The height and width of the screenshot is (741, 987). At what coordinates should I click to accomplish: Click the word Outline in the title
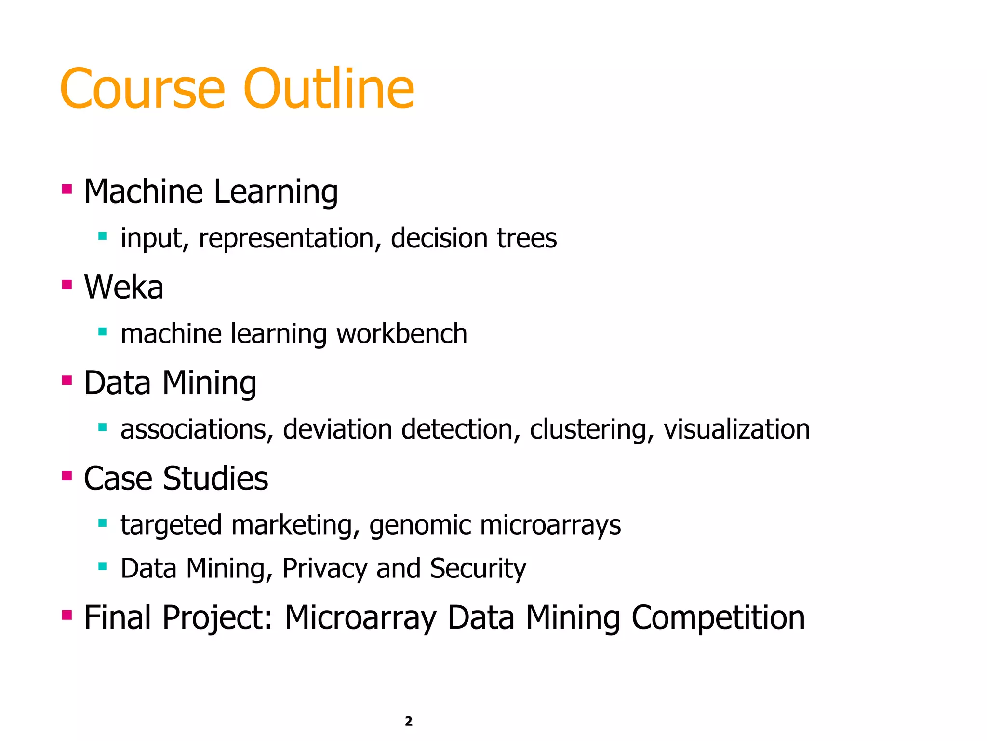pos(329,89)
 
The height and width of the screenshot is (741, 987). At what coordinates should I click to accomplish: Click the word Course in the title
pos(143,89)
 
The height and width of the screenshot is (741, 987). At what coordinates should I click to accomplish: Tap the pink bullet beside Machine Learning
pos(67,189)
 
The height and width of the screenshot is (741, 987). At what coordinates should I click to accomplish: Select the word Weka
pos(124,287)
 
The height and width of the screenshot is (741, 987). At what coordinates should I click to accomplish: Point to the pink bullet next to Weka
pos(67,285)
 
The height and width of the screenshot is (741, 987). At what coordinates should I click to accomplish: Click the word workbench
pos(402,333)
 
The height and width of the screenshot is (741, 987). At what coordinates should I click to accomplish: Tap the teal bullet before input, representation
pos(102,236)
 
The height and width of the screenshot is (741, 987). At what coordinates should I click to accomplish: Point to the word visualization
pos(736,429)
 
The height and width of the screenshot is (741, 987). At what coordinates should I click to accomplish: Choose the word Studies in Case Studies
pos(215,479)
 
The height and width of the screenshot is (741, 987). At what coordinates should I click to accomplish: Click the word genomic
pos(420,525)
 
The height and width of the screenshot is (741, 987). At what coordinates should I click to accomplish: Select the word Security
pos(478,568)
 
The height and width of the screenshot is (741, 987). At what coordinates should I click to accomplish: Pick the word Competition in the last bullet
pos(718,617)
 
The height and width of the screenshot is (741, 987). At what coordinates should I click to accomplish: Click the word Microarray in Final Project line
pos(360,617)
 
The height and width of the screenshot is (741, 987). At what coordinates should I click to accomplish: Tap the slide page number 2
pos(409,721)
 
